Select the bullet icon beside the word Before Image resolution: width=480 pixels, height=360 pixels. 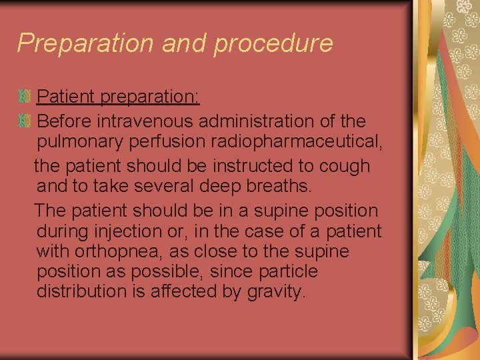25,121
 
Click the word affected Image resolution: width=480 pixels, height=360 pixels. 189,291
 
